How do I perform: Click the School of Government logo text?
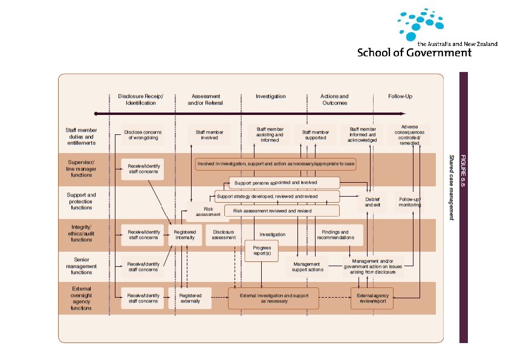pyautogui.click(x=414, y=52)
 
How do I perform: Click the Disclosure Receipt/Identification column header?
pyautogui.click(x=141, y=99)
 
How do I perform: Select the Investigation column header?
pyautogui.click(x=270, y=96)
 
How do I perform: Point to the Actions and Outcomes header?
pyautogui.click(x=334, y=99)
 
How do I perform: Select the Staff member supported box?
pyautogui.click(x=314, y=134)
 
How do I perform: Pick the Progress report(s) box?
pyautogui.click(x=261, y=250)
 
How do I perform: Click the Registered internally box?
pyautogui.click(x=184, y=235)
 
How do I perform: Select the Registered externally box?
pyautogui.click(x=190, y=298)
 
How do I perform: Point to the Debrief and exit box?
pyautogui.click(x=373, y=202)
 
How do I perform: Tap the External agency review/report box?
pyautogui.click(x=372, y=298)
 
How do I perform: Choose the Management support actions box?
pyautogui.click(x=307, y=267)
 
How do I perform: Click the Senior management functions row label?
pyautogui.click(x=82, y=266)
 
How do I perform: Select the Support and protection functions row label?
pyautogui.click(x=82, y=201)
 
